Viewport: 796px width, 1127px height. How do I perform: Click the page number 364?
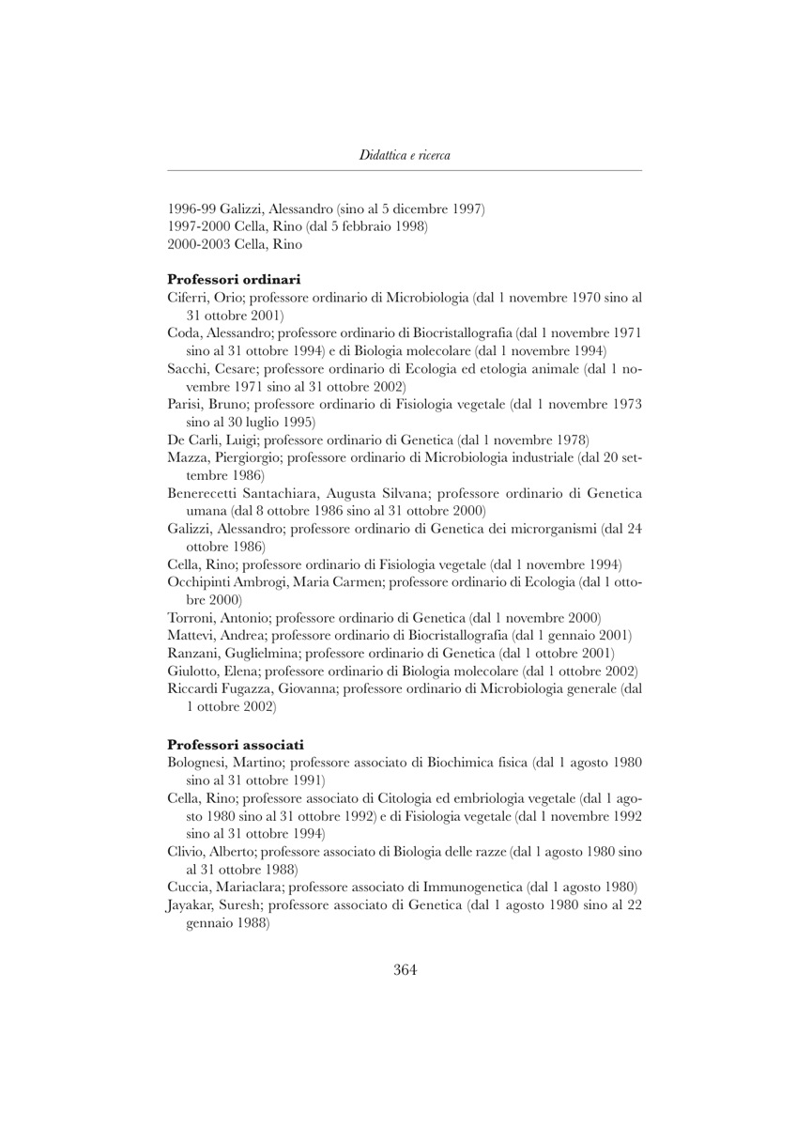[404, 970]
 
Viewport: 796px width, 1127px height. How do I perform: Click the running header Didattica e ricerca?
[404, 155]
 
